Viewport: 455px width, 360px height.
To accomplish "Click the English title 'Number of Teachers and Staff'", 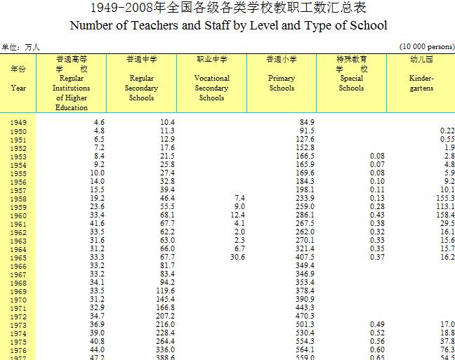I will [x=227, y=26].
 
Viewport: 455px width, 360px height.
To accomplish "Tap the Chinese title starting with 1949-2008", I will [x=227, y=9].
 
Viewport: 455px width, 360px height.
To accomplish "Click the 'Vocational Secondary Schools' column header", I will [x=211, y=84].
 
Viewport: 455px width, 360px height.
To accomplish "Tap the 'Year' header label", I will [x=18, y=88].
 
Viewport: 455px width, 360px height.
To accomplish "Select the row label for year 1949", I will [x=18, y=123].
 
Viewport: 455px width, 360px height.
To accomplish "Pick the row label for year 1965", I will [x=18, y=258].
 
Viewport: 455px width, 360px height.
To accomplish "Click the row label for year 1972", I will [x=18, y=316].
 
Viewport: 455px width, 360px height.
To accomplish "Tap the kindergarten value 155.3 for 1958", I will [x=443, y=199].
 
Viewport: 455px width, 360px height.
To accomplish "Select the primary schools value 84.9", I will [x=306, y=123].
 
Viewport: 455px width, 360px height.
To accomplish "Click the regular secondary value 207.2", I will [x=164, y=316].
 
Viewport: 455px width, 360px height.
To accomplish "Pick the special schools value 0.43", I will [x=377, y=215].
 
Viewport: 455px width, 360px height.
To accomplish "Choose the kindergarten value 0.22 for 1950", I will [x=447, y=131].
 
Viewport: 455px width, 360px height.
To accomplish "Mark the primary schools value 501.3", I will [x=305, y=325].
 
